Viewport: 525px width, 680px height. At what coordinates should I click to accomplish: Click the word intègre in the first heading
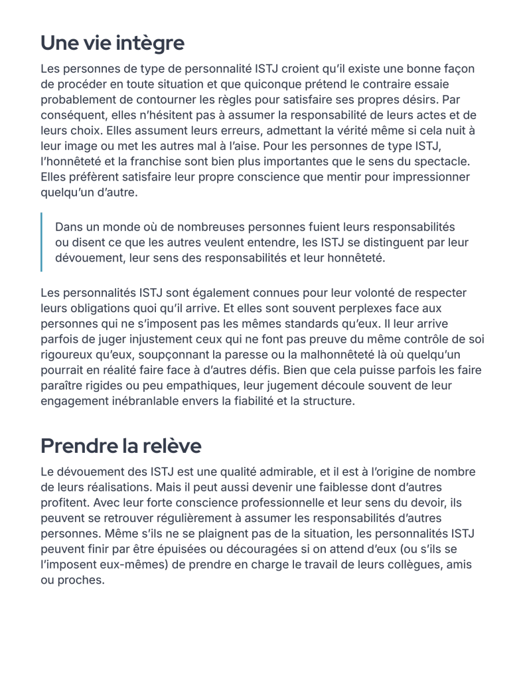point(151,43)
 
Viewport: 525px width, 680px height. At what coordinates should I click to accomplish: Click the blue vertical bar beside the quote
point(41,242)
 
